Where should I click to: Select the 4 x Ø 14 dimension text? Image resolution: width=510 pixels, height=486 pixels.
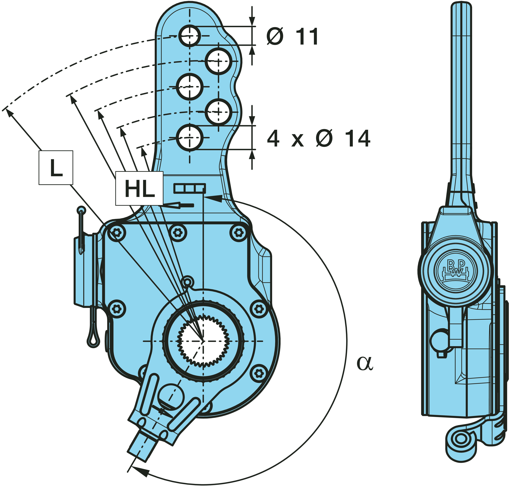pos(319,139)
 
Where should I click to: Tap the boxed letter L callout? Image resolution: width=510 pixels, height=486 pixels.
pos(56,168)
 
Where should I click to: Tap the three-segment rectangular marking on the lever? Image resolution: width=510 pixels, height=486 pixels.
pos(190,188)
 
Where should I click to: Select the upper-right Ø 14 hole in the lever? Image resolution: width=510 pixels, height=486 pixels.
pos(218,61)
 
